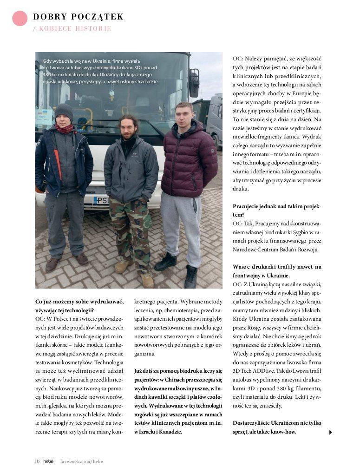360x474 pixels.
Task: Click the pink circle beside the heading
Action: pos(20,18)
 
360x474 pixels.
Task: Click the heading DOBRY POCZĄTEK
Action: pos(78,17)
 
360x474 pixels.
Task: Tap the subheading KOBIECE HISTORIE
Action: pos(75,28)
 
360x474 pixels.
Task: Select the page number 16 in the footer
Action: pos(37,461)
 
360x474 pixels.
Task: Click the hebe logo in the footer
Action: pos(48,461)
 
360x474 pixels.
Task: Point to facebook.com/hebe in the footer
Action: pos(81,461)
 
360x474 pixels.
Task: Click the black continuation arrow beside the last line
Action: pos(330,432)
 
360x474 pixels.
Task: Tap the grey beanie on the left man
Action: pos(64,111)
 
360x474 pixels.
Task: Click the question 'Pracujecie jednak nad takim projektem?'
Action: pos(277,211)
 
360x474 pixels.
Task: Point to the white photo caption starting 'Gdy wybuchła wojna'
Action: pos(100,71)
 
